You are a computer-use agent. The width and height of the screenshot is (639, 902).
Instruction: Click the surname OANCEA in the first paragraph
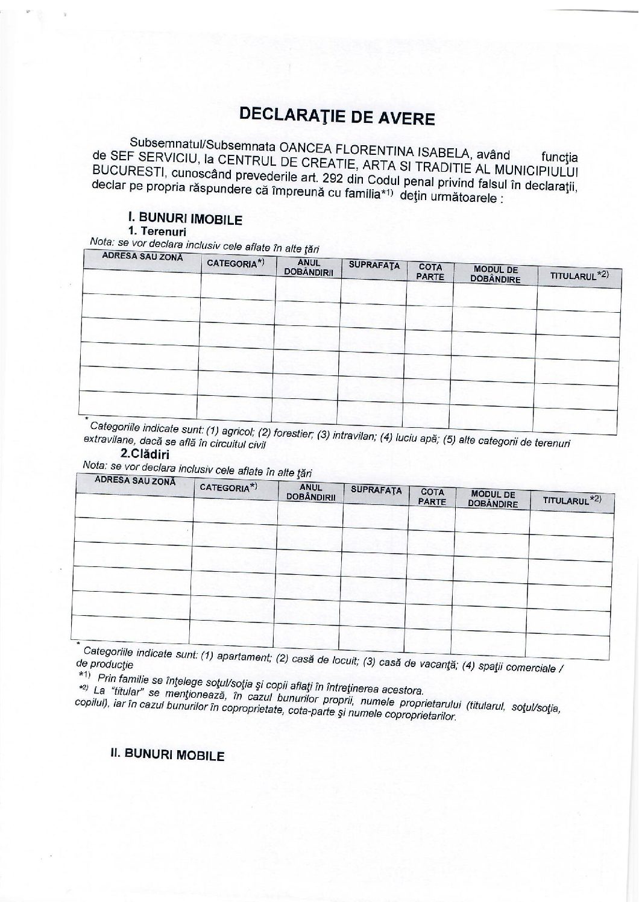tap(299, 148)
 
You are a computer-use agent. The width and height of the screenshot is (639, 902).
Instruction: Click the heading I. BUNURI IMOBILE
tap(181, 219)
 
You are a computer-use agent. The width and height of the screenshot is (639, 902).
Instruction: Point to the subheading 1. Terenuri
tap(157, 231)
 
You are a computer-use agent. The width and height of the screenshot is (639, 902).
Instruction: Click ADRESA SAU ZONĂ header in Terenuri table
tap(142, 257)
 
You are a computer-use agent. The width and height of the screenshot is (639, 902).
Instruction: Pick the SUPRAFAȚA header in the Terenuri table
tap(374, 265)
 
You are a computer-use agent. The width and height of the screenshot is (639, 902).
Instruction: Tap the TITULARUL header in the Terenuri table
tap(576, 276)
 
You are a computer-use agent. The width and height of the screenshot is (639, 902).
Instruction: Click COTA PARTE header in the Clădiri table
tap(432, 497)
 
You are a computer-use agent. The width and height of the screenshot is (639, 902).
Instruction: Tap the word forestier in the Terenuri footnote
tap(293, 433)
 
